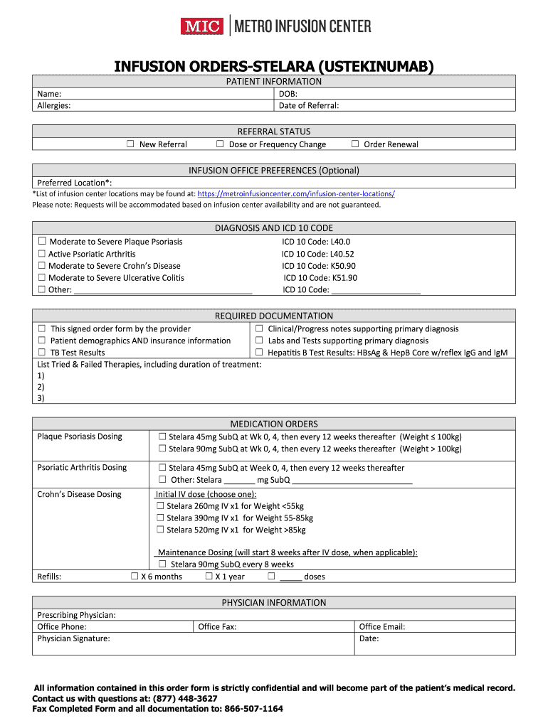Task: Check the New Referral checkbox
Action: click(x=130, y=144)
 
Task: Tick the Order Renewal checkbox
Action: click(x=355, y=144)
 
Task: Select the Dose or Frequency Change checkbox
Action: click(x=220, y=144)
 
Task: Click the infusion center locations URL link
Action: click(x=296, y=193)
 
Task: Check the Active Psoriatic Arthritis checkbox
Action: click(x=42, y=254)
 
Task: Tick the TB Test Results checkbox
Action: click(x=42, y=353)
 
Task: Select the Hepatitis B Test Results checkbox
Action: click(x=260, y=353)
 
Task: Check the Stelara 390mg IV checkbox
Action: click(x=160, y=518)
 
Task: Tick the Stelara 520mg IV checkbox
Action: click(x=160, y=530)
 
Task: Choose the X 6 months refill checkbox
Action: click(x=135, y=577)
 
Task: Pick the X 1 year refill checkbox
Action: click(x=209, y=577)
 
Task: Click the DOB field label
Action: click(x=288, y=94)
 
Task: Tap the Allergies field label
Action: click(x=53, y=106)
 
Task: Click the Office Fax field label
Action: click(x=217, y=627)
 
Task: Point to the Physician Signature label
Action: click(x=73, y=639)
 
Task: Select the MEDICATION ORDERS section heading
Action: click(x=274, y=424)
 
